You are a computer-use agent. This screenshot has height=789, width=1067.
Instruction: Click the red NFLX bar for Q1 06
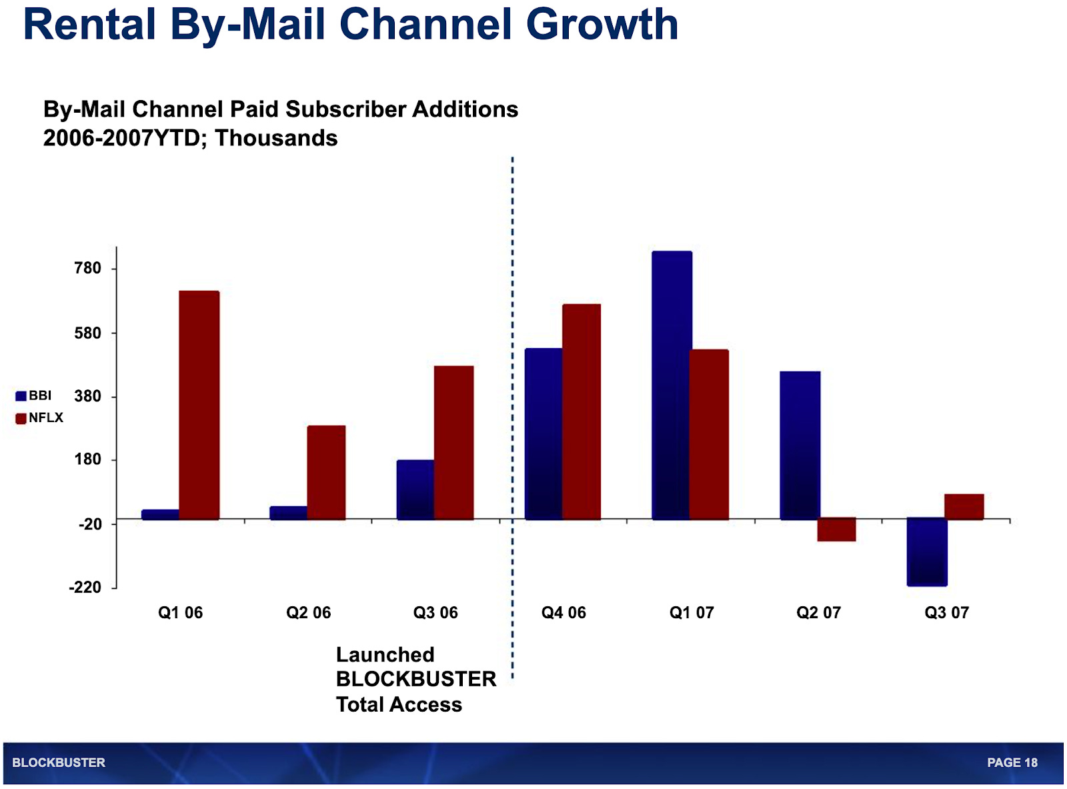tap(199, 405)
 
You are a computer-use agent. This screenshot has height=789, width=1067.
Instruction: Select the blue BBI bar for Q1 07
tap(672, 385)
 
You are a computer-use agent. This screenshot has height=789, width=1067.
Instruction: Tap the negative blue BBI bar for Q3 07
tap(927, 552)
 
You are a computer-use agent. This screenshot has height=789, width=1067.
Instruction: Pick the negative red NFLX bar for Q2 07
tap(836, 530)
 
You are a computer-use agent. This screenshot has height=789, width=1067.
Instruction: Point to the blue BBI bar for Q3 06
tap(415, 490)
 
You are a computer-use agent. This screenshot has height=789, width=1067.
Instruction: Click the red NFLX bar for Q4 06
tap(582, 412)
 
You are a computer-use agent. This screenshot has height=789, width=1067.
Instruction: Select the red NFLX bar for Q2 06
tap(326, 472)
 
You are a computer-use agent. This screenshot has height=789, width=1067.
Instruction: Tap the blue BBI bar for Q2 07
tap(800, 445)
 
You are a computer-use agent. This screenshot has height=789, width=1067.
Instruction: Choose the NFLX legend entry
tap(39, 418)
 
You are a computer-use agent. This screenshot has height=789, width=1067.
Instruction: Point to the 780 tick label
tap(87, 268)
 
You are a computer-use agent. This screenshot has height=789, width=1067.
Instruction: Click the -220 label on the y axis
tap(85, 588)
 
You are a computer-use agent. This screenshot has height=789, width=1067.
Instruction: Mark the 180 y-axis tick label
tap(87, 460)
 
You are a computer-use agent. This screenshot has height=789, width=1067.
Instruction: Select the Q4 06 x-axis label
tap(564, 612)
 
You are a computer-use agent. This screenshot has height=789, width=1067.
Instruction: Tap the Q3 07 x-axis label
tap(946, 612)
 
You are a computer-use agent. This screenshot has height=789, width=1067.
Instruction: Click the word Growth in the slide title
tap(602, 25)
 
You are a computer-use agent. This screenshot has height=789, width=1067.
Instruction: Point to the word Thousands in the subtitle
tap(276, 138)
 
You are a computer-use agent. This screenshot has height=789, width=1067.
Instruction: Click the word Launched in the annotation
tap(385, 654)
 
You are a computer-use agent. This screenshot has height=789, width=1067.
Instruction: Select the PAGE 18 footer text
tap(1012, 762)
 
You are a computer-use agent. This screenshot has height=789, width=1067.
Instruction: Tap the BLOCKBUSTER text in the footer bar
tap(59, 762)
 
